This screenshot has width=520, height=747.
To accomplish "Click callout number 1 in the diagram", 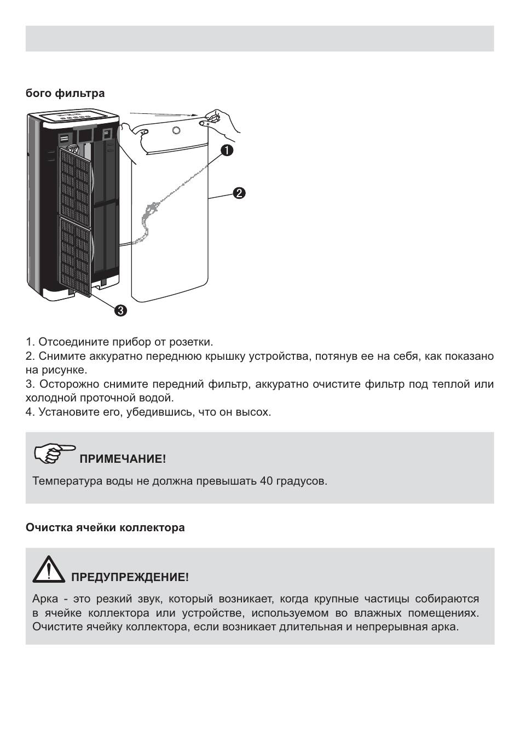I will (227, 150).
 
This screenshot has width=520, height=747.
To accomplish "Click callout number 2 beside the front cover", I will (239, 193).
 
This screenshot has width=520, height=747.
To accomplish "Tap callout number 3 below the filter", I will (120, 311).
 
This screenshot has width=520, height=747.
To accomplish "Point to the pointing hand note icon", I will (54, 453).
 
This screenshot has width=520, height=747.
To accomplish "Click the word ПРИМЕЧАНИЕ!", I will (123, 459).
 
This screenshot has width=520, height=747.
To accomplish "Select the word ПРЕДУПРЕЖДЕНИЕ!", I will (130, 577).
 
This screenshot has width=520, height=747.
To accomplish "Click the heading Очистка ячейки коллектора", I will (105, 527).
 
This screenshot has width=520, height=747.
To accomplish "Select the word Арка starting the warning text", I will (45, 599).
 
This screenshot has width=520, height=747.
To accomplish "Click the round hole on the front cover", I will (176, 130).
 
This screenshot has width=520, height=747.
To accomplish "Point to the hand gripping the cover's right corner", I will (219, 120).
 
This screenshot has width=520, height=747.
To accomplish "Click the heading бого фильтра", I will (65, 93).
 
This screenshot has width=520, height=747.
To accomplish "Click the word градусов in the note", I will (301, 481).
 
